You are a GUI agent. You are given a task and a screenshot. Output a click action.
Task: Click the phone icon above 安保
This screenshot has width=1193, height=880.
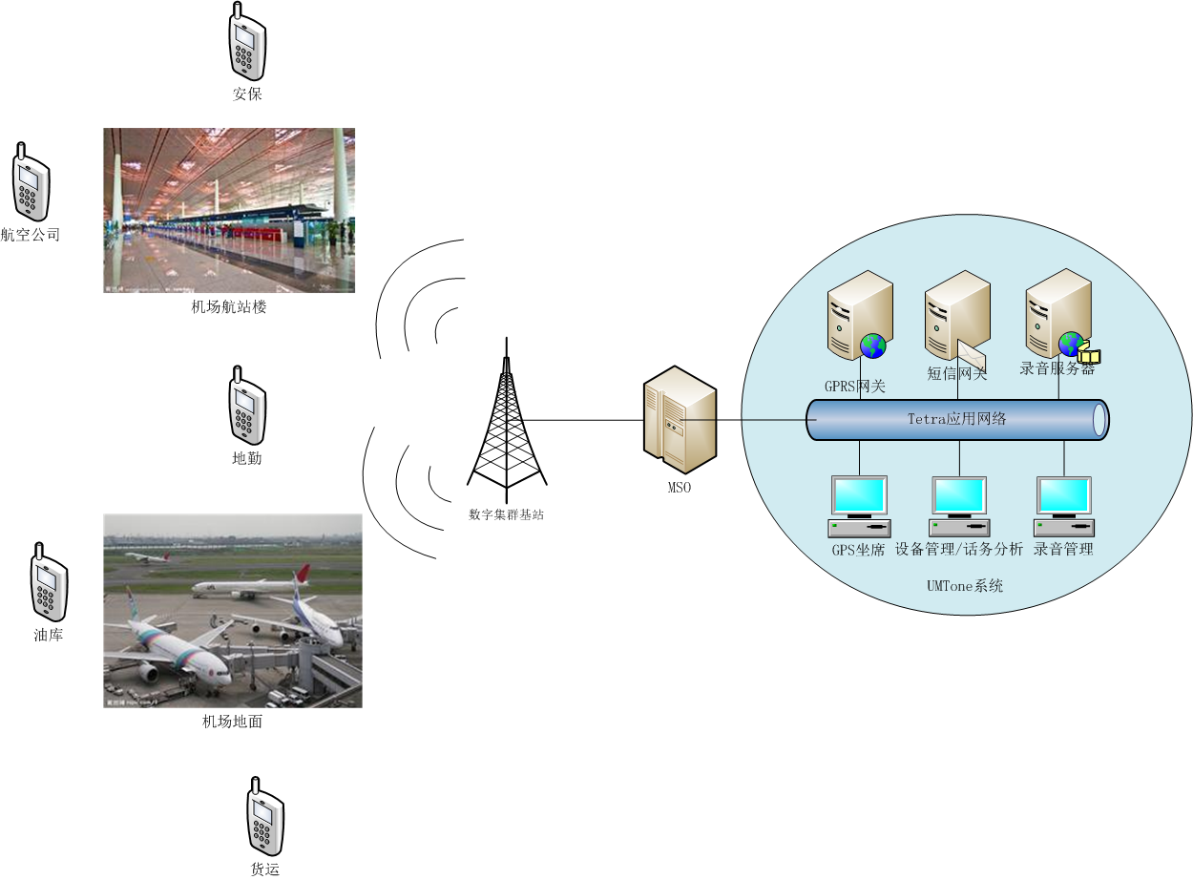pos(247,44)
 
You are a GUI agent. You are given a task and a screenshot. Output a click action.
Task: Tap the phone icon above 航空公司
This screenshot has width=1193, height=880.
pos(31,183)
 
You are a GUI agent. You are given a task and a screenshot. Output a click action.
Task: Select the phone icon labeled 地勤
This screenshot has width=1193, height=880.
pos(247,409)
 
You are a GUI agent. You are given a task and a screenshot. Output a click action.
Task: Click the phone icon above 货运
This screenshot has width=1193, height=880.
pos(265,818)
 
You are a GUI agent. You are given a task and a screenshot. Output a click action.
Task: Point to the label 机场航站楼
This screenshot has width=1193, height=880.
pos(228,307)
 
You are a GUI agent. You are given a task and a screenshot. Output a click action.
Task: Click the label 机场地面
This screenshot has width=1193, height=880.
pos(232,722)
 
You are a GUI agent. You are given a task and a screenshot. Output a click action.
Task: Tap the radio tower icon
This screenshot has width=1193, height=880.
pos(507,420)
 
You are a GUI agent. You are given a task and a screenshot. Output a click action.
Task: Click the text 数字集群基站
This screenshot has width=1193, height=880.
pos(506,513)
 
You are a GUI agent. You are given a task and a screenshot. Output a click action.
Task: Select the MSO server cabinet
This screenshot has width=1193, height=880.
pos(679,420)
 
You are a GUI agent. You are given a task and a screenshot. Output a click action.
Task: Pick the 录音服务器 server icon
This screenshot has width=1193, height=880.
pos(1057,315)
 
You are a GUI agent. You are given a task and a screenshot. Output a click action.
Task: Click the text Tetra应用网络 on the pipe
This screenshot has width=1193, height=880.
pos(956,419)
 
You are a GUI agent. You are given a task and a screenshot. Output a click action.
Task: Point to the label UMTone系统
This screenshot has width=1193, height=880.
pos(964,586)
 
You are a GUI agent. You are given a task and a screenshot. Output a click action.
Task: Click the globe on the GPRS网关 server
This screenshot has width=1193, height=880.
pos(872,346)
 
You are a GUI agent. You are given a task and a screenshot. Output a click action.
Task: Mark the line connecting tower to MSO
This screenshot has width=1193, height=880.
pos(582,420)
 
